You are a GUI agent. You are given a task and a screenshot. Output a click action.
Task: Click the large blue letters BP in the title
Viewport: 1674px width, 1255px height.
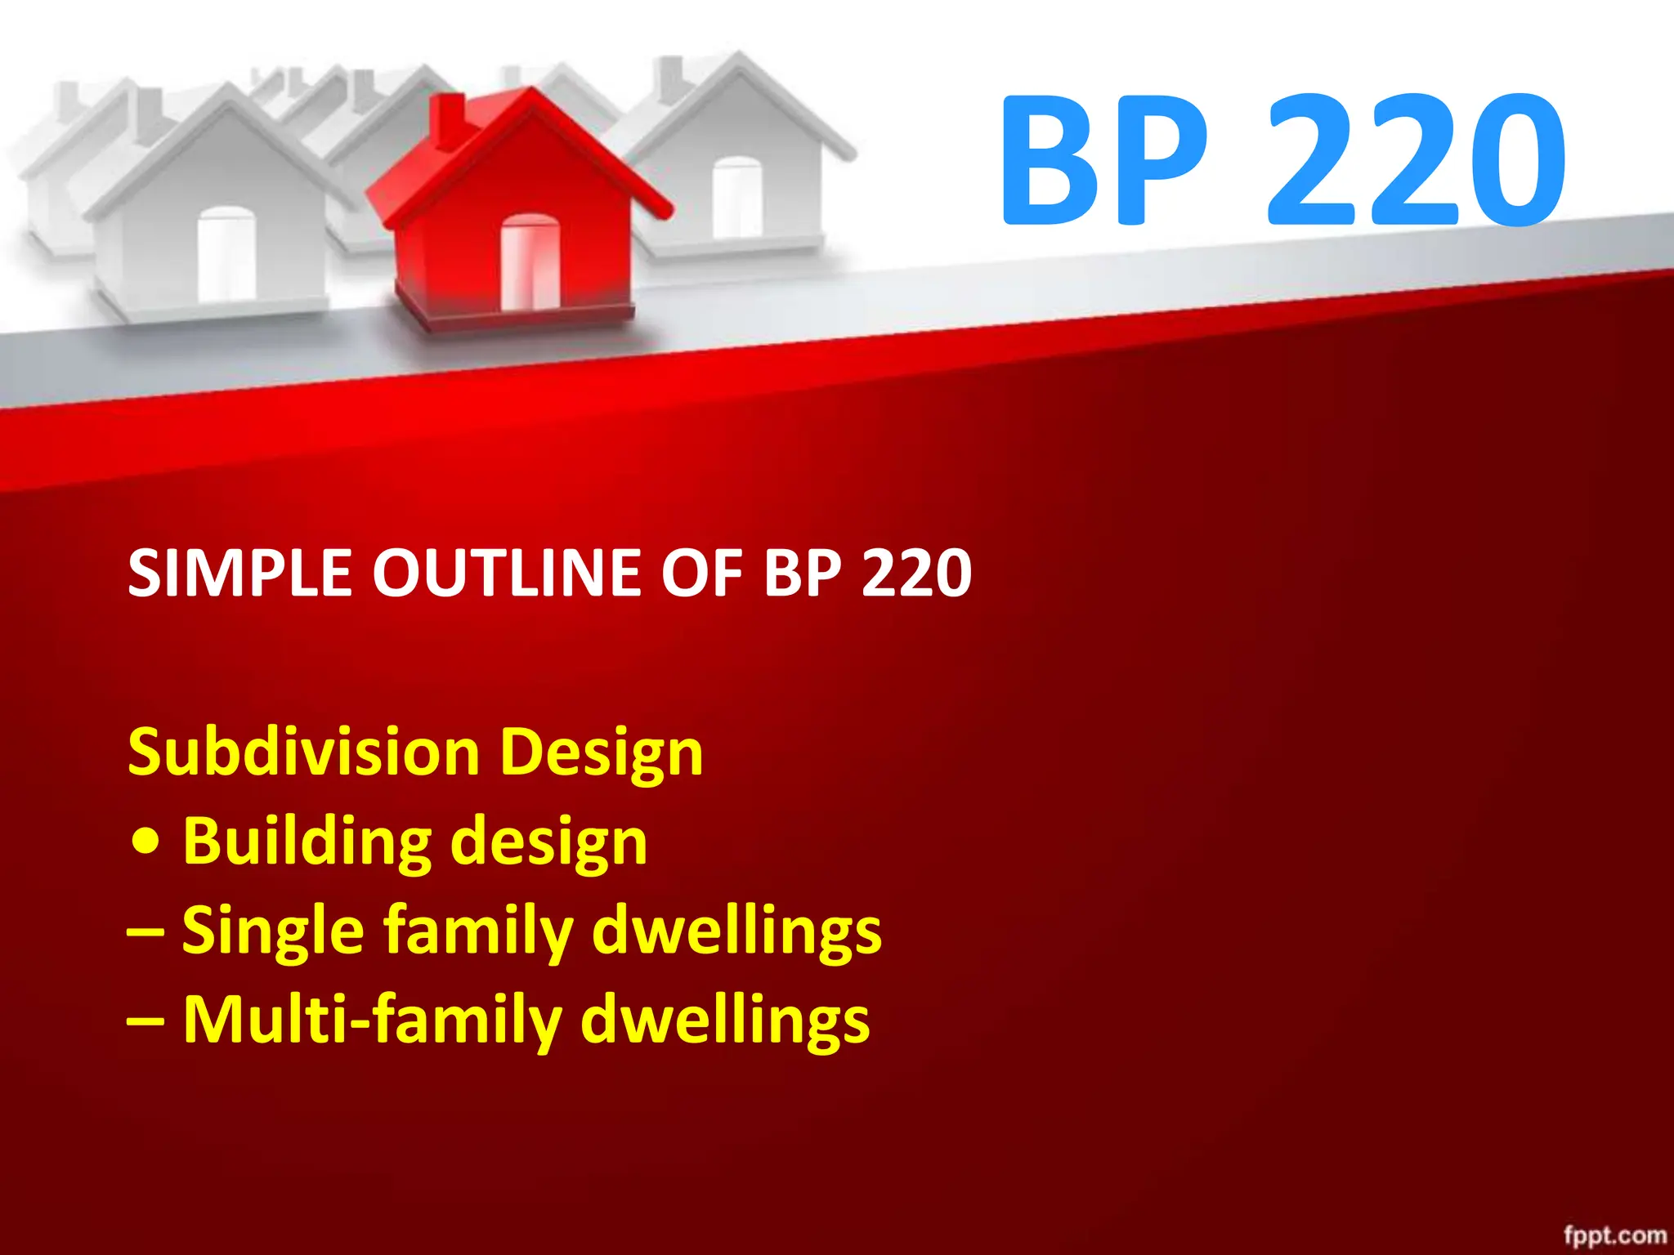click(1103, 159)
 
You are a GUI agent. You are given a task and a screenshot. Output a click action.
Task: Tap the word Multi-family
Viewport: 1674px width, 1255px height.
click(373, 1021)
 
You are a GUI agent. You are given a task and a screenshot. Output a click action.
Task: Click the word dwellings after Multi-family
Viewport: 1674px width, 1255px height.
click(725, 1021)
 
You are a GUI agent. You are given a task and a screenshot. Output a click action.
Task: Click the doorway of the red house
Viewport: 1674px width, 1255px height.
click(530, 261)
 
